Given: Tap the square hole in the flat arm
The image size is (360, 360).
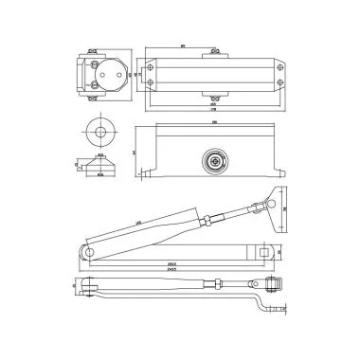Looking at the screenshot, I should pyautogui.click(x=261, y=252).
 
